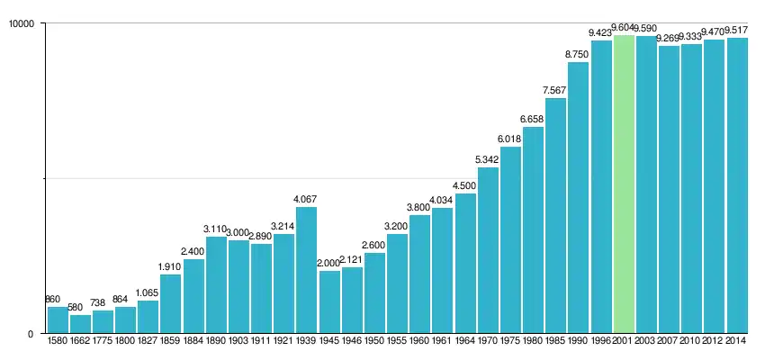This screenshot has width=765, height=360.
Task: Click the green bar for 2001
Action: (x=624, y=184)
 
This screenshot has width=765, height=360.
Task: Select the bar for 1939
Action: (x=307, y=270)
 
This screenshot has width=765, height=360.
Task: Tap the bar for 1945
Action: (x=329, y=301)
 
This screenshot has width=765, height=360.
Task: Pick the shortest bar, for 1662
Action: (x=80, y=324)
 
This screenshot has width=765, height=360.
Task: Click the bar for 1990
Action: (x=578, y=198)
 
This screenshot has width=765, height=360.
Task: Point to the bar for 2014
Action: (x=737, y=184)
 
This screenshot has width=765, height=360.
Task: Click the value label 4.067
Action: (x=307, y=199)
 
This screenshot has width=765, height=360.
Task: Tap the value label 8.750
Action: (x=578, y=54)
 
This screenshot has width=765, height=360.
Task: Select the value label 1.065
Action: (x=148, y=292)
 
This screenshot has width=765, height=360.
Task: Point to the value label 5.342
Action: (x=488, y=159)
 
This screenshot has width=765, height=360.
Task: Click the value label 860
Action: (x=53, y=299)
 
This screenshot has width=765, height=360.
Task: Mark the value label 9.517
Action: (x=737, y=30)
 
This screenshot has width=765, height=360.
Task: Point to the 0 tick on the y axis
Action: (x=31, y=334)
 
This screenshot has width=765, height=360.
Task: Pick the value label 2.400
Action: (x=193, y=251)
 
